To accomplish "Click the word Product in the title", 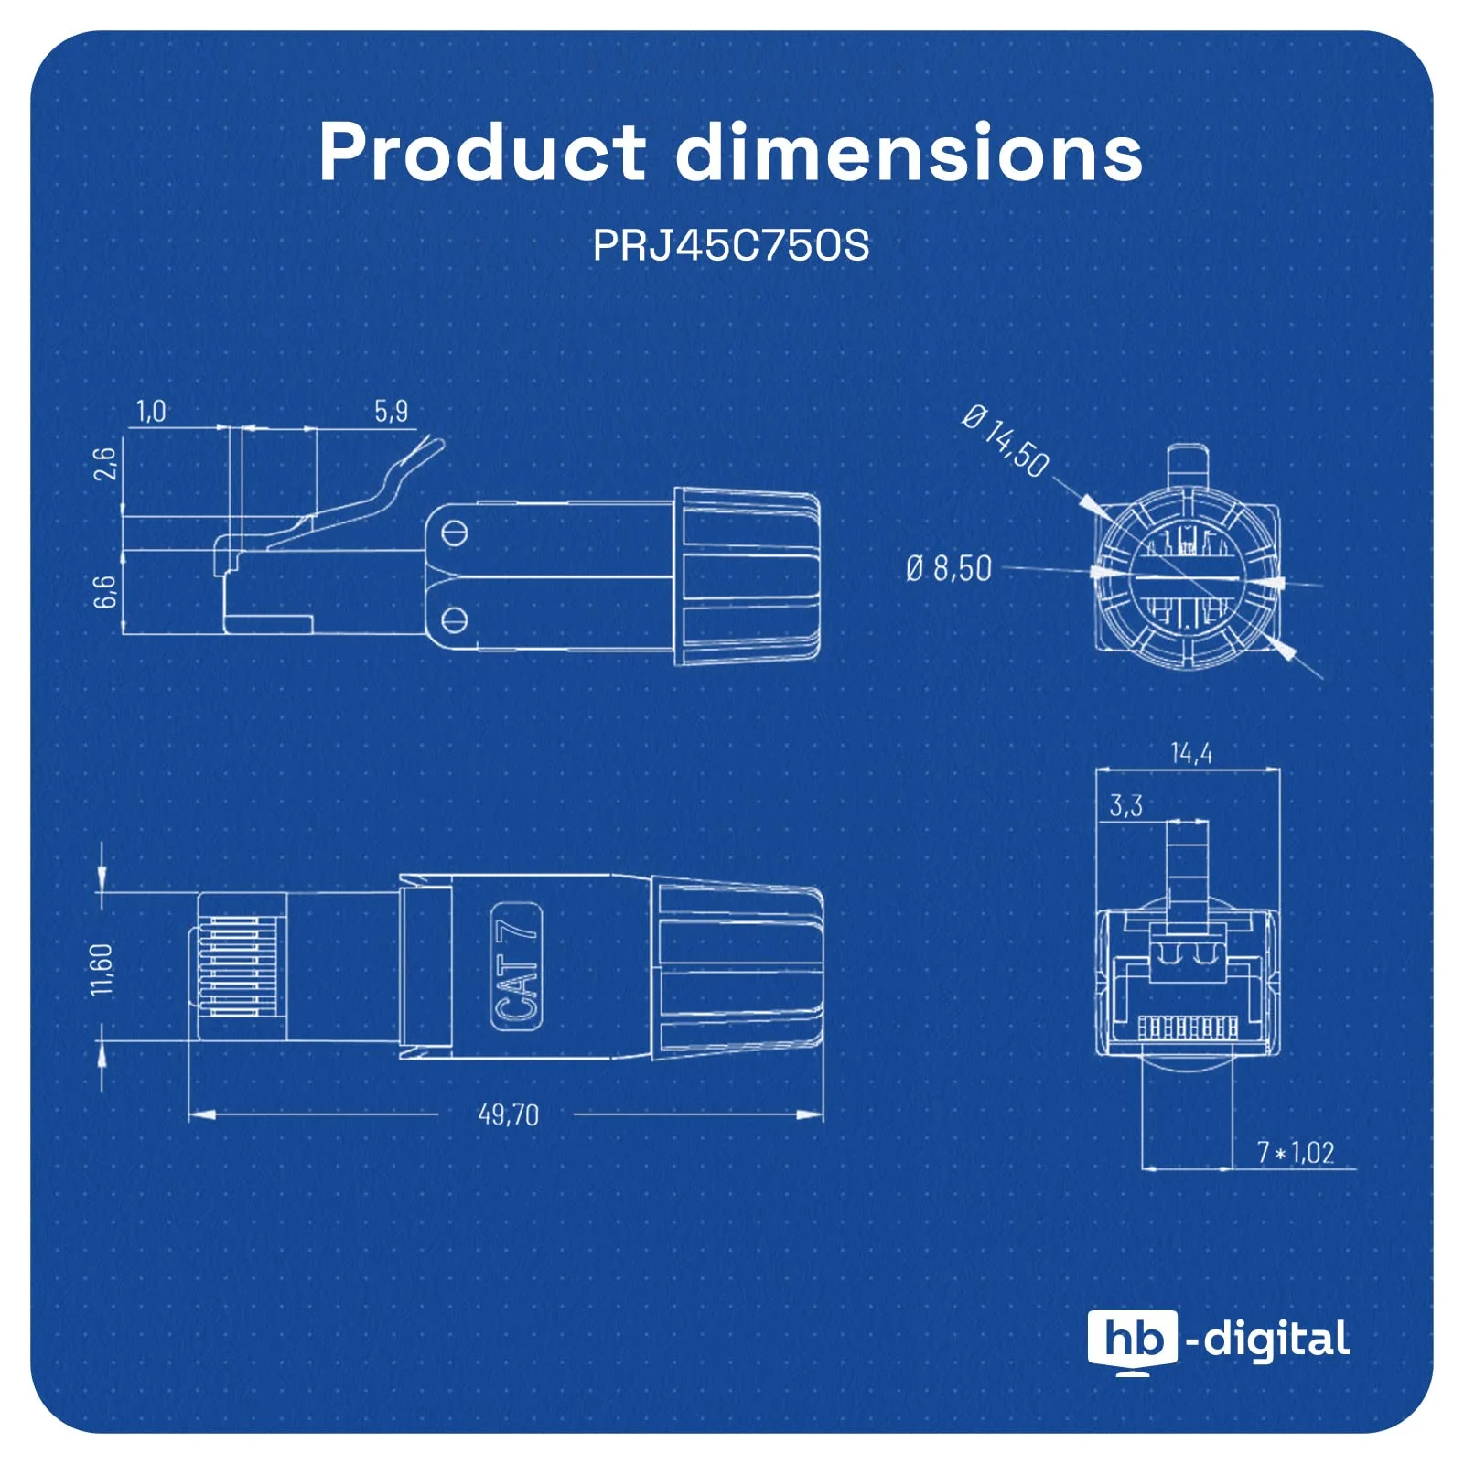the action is point(482,152).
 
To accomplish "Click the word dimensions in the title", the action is point(910,152).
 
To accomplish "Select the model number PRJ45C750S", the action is point(731,246).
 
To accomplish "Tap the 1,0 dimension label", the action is point(152,412).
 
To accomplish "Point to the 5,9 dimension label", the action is point(391,412).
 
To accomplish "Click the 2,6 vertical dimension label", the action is point(106,463).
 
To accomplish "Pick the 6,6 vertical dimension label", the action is point(106,592).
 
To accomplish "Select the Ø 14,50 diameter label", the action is point(1006,440).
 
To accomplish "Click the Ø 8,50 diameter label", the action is point(949,568).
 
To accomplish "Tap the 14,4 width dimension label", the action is point(1191,753).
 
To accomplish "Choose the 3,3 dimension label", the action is point(1126,805).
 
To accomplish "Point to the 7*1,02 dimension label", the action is point(1296,1152).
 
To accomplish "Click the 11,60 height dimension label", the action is point(102,969).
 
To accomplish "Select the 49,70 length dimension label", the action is point(509,1114).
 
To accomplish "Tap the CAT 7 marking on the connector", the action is point(517,965).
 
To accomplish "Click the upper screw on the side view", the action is point(455,533).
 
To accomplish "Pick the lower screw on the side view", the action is point(455,620).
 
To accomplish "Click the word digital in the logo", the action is point(1276,1340).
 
